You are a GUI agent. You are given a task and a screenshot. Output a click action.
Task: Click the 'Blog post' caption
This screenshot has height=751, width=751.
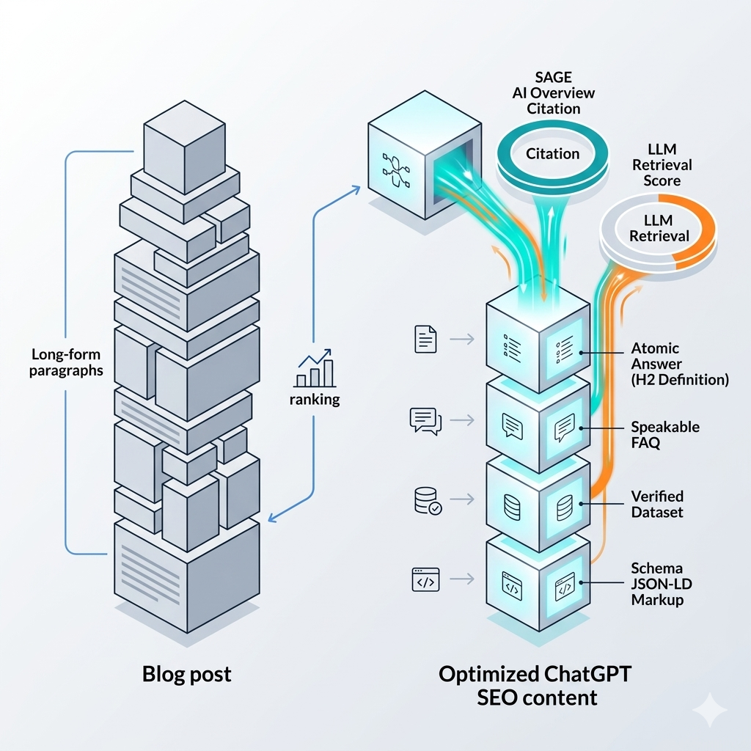[186, 673]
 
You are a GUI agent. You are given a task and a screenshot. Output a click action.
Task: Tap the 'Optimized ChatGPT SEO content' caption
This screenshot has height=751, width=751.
[517, 684]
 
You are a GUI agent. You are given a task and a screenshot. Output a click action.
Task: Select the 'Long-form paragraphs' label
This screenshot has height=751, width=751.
[67, 362]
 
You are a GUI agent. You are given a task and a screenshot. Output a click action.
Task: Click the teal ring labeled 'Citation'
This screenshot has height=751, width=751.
[553, 153]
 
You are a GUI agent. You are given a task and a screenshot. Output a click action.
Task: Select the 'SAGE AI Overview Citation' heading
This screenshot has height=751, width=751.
[554, 93]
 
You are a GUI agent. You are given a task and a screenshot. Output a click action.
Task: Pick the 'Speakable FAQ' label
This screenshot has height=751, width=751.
[665, 435]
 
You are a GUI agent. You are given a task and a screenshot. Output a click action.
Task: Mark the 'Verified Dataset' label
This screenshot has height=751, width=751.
[657, 505]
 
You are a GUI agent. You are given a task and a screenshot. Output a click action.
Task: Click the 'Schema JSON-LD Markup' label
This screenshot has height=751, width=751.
[657, 584]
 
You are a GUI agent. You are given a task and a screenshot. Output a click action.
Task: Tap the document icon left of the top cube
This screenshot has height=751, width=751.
[425, 339]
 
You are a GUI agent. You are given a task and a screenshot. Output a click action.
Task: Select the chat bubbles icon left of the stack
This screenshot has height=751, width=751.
[425, 421]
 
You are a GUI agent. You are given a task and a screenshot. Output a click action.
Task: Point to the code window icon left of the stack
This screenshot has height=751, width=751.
[426, 580]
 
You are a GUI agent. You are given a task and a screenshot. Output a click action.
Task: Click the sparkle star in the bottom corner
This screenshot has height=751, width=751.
[709, 710]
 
